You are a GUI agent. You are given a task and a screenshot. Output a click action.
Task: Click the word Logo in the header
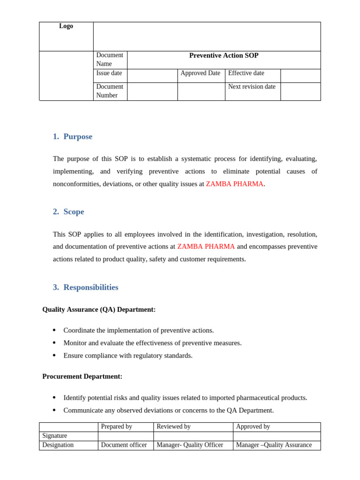click(66, 26)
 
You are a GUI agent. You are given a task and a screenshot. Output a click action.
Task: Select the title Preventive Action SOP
click(224, 55)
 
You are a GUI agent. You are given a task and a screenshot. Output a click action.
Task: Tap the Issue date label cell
click(109, 73)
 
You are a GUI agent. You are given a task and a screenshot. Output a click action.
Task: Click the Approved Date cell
click(200, 73)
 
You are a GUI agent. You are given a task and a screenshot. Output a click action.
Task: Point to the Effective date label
click(246, 73)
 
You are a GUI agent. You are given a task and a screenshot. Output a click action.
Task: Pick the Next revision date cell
click(252, 87)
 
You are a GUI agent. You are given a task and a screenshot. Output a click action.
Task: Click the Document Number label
click(110, 91)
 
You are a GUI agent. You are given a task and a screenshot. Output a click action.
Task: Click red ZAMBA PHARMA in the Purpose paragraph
click(234, 184)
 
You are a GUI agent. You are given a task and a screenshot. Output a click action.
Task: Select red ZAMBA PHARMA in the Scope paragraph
click(206, 247)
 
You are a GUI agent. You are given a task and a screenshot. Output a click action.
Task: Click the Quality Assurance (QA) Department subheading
click(99, 309)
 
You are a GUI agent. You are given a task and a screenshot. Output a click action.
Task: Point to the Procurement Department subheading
click(82, 376)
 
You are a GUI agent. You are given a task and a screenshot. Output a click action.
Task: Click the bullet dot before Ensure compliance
click(54, 355)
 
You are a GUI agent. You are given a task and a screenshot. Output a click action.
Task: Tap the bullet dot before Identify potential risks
click(54, 397)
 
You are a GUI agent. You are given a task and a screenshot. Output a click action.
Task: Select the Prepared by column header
click(117, 427)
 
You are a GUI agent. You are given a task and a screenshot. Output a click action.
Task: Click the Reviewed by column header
click(173, 427)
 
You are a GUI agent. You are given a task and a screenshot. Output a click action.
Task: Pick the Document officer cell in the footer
click(124, 445)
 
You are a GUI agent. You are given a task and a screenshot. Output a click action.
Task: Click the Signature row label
click(55, 436)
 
